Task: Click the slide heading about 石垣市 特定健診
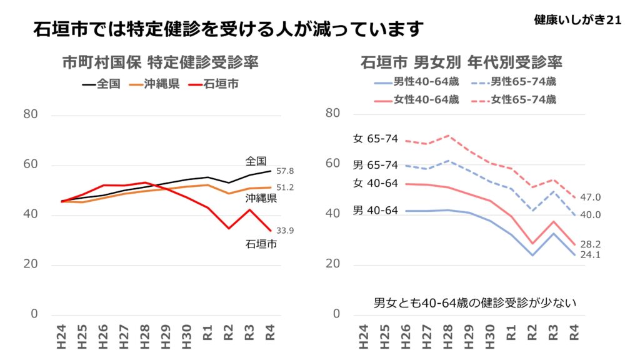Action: (228, 29)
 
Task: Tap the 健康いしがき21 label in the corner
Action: (577, 20)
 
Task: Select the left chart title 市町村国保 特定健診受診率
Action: (160, 62)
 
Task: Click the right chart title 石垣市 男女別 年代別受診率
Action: (461, 62)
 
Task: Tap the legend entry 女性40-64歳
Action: (417, 99)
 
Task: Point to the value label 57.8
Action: (285, 171)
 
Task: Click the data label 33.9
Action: (285, 231)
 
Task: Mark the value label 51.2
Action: (285, 187)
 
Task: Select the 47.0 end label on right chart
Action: (591, 197)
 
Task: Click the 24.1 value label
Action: (591, 255)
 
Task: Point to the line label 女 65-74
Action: (376, 139)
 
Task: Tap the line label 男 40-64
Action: (376, 211)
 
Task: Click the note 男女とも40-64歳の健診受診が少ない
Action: (474, 303)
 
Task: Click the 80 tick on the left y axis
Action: (31, 114)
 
